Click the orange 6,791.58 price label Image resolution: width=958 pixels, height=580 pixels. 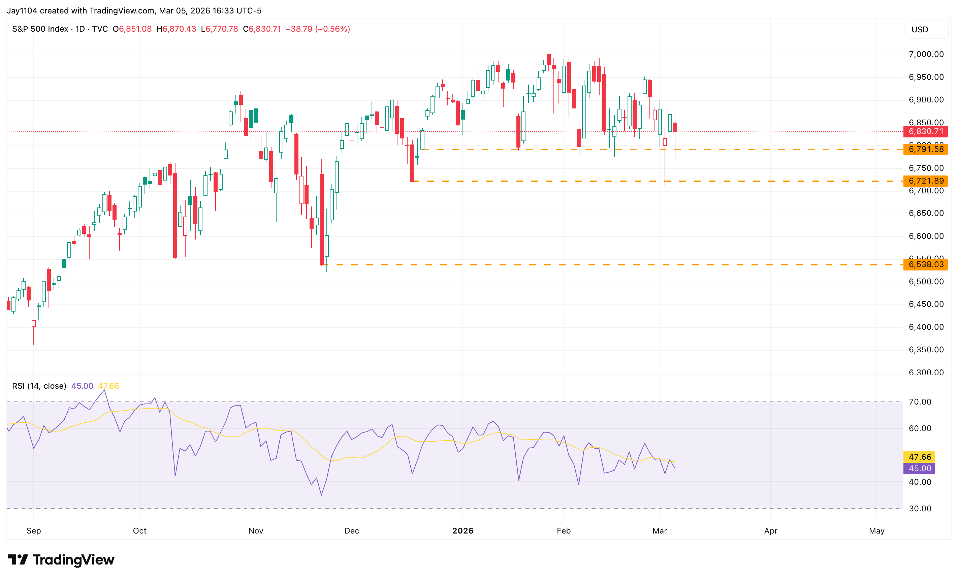coord(925,149)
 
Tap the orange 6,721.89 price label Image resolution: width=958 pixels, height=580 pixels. coord(925,181)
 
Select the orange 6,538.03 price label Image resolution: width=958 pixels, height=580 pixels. coord(925,265)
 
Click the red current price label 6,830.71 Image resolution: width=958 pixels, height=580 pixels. coord(925,131)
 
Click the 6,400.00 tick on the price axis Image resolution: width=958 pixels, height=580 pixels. coord(926,327)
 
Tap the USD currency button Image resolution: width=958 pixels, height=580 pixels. coord(920,30)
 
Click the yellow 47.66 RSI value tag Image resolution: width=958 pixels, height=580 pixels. coord(920,457)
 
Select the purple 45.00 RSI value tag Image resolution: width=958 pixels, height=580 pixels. coord(920,469)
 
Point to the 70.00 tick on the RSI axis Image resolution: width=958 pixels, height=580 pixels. coord(920,402)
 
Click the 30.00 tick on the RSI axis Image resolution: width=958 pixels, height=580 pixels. coord(920,509)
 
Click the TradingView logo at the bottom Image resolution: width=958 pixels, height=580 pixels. coord(61,560)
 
